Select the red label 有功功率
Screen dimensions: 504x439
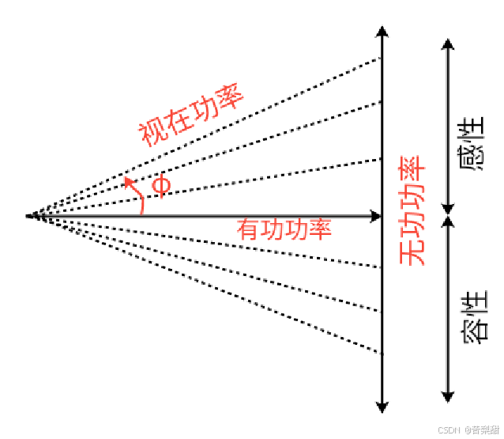click(284, 229)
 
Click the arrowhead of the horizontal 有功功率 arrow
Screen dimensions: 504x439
click(376, 215)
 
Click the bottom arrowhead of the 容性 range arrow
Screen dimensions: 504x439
click(448, 395)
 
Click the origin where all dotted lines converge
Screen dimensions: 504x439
click(28, 215)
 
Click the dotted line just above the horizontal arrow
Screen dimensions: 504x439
click(237, 184)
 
